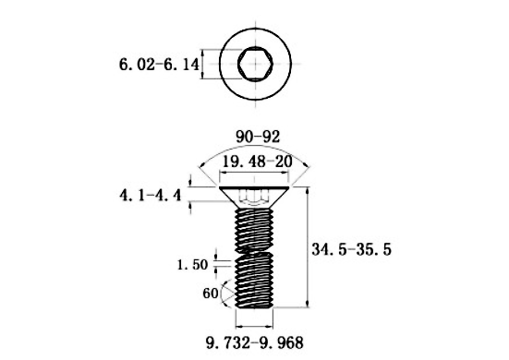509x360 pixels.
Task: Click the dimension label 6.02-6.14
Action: (159, 65)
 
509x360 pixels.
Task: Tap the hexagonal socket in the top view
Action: (255, 64)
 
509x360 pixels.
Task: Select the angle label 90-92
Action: (258, 137)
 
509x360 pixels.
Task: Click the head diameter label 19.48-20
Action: (257, 162)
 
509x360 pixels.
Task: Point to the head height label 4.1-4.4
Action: (151, 196)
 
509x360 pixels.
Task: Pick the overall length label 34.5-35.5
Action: (352, 249)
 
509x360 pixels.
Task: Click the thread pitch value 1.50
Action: (192, 265)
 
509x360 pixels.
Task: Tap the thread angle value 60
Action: (211, 294)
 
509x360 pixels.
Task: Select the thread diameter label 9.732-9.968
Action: (255, 342)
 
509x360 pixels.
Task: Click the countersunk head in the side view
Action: (255, 197)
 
